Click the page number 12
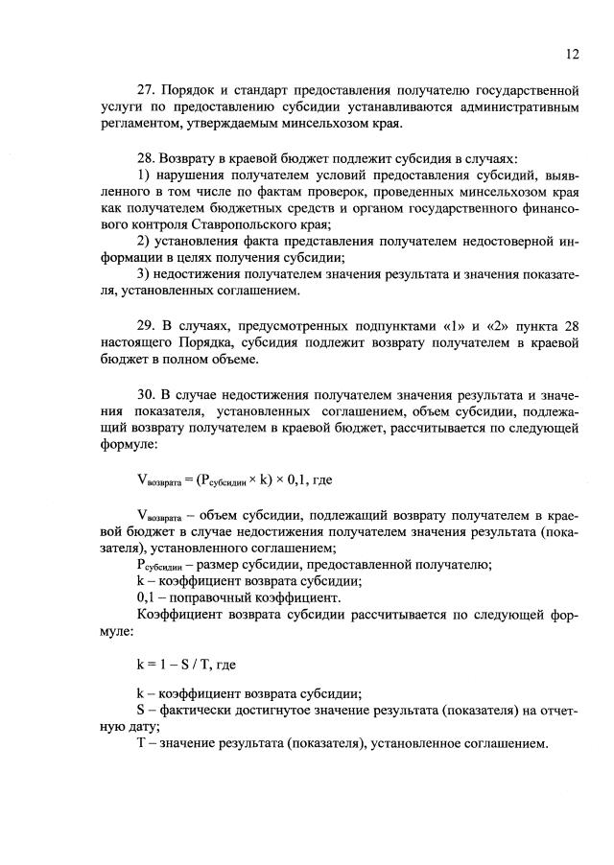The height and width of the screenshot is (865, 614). pos(572,55)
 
